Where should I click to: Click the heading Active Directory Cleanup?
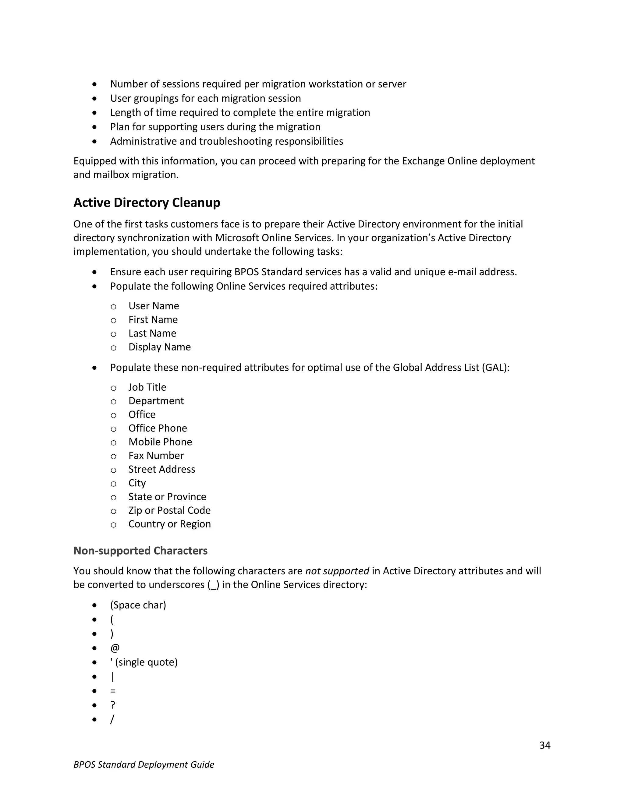147,203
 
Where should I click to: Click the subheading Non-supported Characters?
140,551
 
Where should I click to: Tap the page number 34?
544,745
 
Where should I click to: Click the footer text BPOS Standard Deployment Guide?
144,764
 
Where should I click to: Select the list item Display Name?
159,347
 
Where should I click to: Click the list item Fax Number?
156,456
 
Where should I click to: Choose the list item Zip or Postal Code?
169,510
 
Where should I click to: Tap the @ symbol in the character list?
115,648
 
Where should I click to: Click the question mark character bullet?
113,705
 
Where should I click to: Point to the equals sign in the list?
113,691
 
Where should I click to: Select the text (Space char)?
138,605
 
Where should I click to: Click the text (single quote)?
146,662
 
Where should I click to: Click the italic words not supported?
337,571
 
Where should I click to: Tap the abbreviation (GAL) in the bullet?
495,368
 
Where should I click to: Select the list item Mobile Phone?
160,442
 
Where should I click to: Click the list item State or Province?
167,497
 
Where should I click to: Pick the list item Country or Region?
169,524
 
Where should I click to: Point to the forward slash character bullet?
112,719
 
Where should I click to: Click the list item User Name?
154,306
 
